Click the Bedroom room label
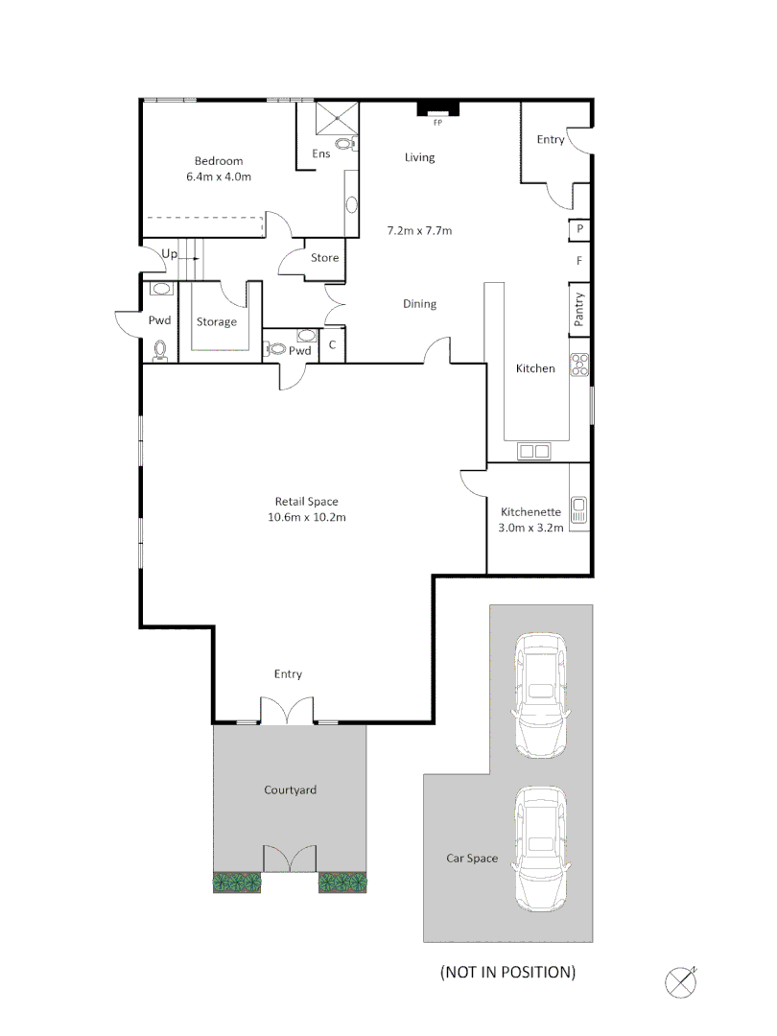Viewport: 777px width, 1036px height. click(219, 161)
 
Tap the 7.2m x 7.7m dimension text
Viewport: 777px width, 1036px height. click(419, 231)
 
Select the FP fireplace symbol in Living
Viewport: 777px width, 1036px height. click(437, 111)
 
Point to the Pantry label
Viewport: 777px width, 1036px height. click(579, 310)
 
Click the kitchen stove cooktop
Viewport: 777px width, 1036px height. click(579, 364)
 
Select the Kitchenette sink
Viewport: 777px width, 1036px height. click(578, 506)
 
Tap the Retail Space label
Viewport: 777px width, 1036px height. click(307, 502)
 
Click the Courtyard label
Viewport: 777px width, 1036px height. click(290, 790)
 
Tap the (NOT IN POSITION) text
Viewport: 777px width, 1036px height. click(507, 972)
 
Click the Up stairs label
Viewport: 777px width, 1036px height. click(170, 254)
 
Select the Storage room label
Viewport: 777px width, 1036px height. click(217, 322)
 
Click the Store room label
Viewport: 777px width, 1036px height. click(325, 258)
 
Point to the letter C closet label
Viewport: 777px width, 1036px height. click(332, 345)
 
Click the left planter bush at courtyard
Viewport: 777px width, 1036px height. click(237, 882)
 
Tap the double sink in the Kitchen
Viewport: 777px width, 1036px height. click(534, 451)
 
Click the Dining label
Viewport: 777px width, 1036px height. click(419, 304)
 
